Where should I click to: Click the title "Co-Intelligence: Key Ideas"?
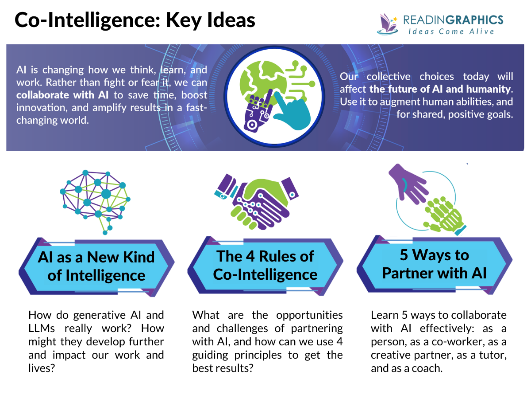tap(135, 20)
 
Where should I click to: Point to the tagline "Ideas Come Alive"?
tap(450, 31)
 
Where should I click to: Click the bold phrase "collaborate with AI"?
tap(62, 95)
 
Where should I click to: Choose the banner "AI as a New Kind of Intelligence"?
tap(96, 266)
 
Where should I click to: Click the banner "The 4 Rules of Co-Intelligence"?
tap(265, 265)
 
